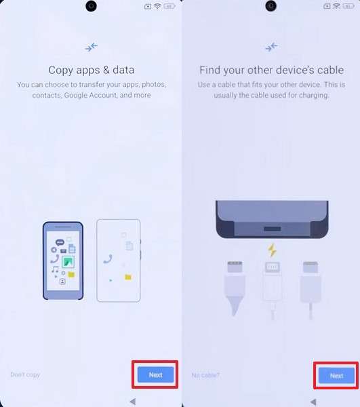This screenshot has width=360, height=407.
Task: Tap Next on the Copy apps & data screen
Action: click(155, 374)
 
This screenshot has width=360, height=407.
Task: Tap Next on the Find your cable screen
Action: click(336, 375)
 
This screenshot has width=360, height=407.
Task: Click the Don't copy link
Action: click(25, 375)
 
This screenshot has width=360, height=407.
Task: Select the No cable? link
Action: click(205, 375)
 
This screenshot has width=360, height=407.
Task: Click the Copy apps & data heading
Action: click(92, 70)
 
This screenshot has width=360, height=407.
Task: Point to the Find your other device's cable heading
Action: click(272, 70)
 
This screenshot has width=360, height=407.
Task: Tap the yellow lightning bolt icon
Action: click(272, 250)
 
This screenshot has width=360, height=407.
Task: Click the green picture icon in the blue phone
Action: click(68, 262)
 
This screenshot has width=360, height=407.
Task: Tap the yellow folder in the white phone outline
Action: click(128, 277)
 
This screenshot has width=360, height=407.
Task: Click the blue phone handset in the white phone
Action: click(108, 259)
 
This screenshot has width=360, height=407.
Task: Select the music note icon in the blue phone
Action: click(54, 269)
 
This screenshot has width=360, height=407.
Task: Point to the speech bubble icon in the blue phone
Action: click(60, 243)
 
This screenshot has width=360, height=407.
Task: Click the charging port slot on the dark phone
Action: click(273, 229)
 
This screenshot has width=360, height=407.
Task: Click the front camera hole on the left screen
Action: click(91, 6)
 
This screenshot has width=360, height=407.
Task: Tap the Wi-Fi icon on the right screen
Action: click(336, 6)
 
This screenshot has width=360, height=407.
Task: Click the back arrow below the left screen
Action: click(133, 402)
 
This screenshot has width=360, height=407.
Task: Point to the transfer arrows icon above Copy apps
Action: click(91, 47)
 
